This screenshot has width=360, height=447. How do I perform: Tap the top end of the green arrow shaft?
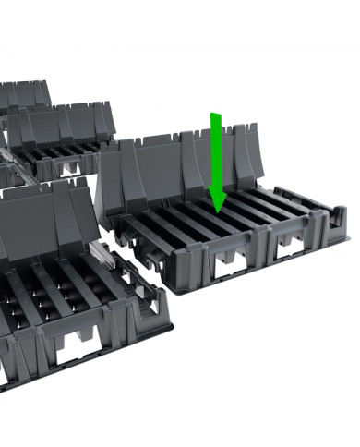pos(215,115)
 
